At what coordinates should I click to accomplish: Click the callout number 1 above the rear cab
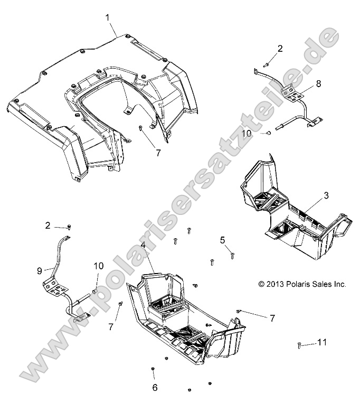pyautogui.click(x=108, y=17)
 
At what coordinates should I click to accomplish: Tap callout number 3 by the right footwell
pyautogui.click(x=326, y=195)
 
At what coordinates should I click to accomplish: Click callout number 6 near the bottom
pyautogui.click(x=155, y=387)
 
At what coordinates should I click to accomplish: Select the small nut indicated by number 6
pyautogui.click(x=153, y=368)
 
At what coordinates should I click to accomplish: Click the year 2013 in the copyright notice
pyautogui.click(x=276, y=284)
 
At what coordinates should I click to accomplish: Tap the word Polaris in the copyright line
pyautogui.click(x=300, y=284)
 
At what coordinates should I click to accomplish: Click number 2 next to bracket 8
pyautogui.click(x=280, y=49)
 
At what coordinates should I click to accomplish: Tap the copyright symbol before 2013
pyautogui.click(x=261, y=284)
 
